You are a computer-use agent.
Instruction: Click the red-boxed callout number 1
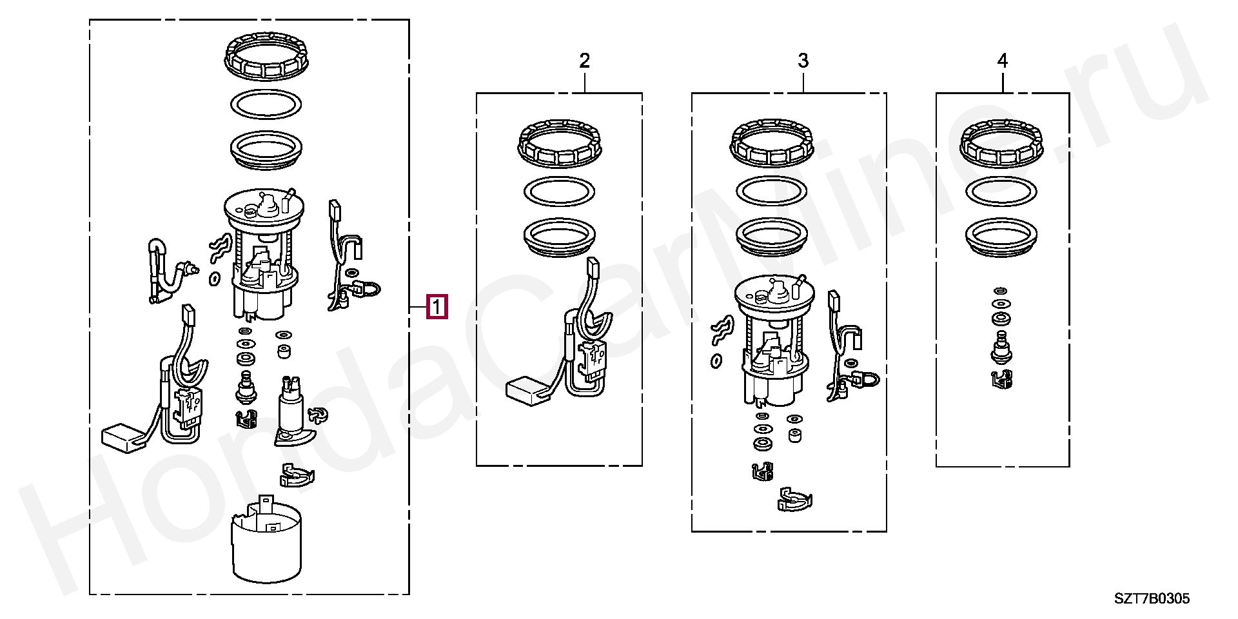(x=437, y=307)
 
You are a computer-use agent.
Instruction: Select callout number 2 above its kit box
(x=584, y=61)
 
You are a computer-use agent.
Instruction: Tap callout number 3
(x=803, y=61)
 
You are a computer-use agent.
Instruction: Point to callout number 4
(x=1002, y=61)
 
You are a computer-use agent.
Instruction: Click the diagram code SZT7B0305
(x=1152, y=598)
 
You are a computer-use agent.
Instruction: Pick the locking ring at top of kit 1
(x=266, y=57)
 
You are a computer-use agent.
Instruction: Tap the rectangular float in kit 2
(x=527, y=391)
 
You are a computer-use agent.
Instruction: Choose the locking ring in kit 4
(x=1001, y=143)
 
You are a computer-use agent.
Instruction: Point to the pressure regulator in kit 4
(x=1001, y=348)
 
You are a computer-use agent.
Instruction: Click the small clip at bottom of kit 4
(x=1001, y=380)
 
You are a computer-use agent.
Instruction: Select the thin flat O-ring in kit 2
(x=559, y=192)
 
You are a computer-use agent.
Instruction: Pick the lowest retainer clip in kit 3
(x=795, y=500)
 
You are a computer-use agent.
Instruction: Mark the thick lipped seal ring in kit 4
(x=1001, y=237)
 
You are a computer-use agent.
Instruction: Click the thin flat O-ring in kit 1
(x=266, y=104)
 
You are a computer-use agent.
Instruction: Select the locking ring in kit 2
(x=559, y=143)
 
